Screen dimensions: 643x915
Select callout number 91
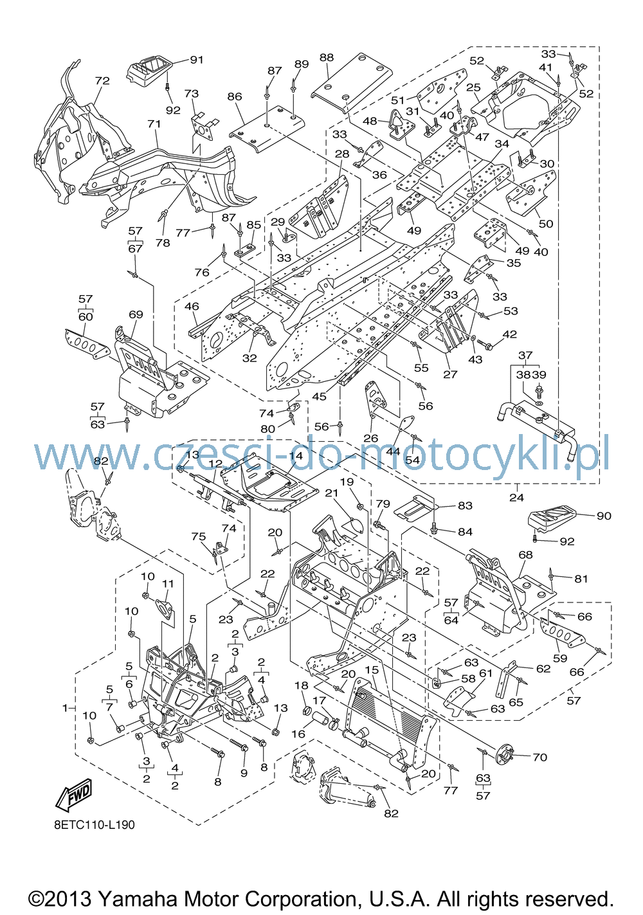(x=197, y=60)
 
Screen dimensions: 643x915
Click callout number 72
(x=102, y=80)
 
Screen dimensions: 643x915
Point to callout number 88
(x=327, y=58)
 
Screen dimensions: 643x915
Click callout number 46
(x=192, y=306)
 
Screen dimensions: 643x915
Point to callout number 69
(x=136, y=314)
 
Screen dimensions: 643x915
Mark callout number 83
(x=465, y=505)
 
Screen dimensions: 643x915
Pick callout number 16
(x=298, y=734)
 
